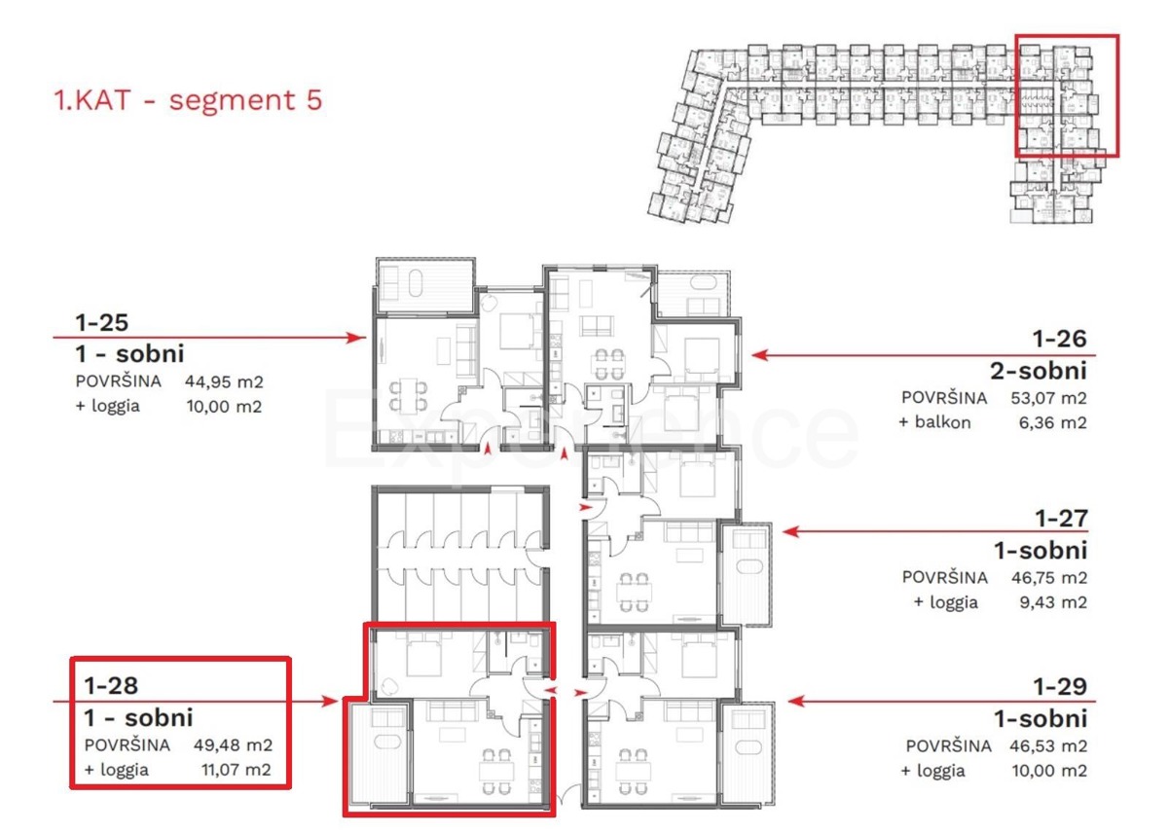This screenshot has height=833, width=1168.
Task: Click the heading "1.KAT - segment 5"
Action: click(188, 99)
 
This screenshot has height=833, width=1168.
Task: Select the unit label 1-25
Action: click(101, 323)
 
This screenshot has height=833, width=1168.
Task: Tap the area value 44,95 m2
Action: click(224, 381)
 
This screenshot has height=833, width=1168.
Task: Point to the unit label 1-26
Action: click(1060, 339)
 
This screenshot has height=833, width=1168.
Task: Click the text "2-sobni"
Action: click(1039, 371)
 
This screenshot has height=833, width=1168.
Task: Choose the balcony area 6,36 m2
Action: click(1053, 422)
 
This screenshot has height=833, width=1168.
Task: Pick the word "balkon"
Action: click(943, 421)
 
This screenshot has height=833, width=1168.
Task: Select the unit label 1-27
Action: click(1061, 518)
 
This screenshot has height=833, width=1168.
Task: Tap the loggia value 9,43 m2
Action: click(1053, 602)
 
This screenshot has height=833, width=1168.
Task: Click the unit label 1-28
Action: click(111, 685)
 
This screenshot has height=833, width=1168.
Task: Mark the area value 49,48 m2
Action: click(233, 744)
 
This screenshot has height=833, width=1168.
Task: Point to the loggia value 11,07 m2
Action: click(237, 770)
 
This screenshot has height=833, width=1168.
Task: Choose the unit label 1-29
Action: click(1061, 686)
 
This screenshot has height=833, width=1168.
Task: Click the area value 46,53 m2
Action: click(1048, 746)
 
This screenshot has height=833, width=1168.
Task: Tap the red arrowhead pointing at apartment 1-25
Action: click(357, 338)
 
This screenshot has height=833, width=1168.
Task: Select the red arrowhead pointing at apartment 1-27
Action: click(791, 531)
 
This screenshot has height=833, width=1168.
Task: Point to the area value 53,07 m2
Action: click(1048, 398)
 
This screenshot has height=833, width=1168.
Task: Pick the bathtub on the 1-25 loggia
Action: click(416, 282)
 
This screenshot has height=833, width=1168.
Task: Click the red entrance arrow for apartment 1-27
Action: click(586, 507)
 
